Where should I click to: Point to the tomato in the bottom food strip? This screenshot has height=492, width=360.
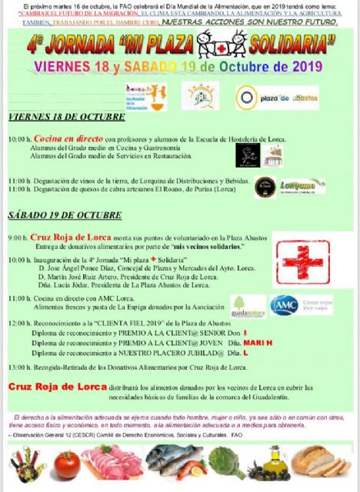[x=67, y=464]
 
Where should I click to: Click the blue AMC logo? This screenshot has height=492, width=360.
[x=284, y=305]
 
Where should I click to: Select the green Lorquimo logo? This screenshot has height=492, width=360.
[x=302, y=186]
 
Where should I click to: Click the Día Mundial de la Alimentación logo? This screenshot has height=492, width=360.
[x=145, y=97]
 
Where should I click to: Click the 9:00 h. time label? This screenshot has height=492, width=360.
[x=18, y=238]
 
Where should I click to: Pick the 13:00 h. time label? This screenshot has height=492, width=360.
[x=19, y=368]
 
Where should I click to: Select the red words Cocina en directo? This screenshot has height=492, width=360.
[x=61, y=139]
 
